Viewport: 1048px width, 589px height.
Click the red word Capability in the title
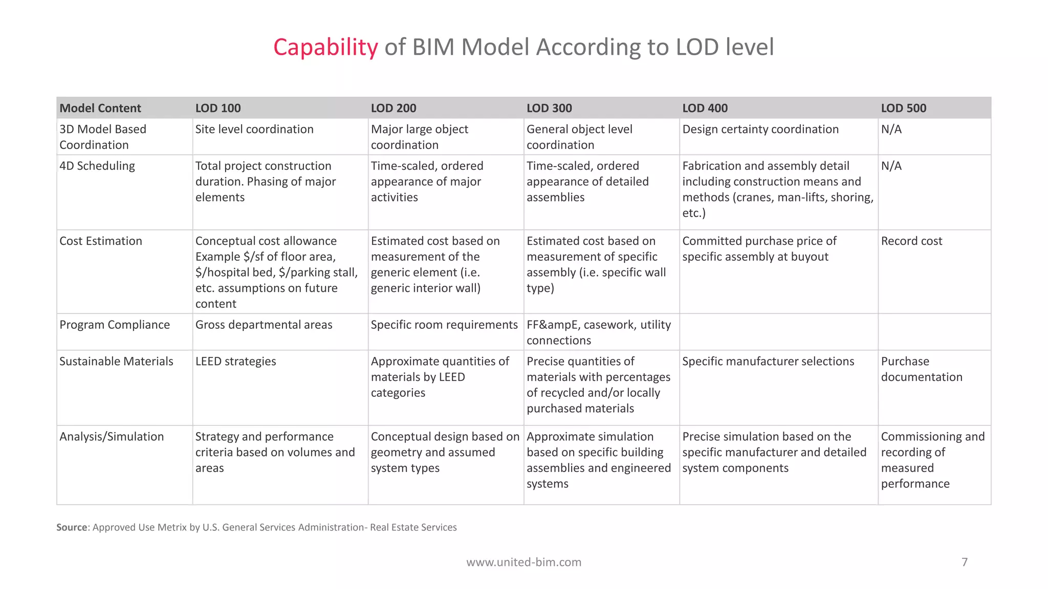coord(325,47)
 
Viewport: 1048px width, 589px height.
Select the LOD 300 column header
coord(549,108)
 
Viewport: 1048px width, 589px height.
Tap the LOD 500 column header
coord(903,108)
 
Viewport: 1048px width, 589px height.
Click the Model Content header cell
coord(100,108)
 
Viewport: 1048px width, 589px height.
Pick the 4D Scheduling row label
coord(97,166)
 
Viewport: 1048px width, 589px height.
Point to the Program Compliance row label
coord(115,325)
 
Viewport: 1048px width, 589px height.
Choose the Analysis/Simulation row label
coord(112,437)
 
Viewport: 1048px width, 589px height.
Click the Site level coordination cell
coord(254,129)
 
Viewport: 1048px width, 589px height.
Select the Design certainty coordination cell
coord(760,129)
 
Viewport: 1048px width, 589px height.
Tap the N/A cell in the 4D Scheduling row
coord(891,166)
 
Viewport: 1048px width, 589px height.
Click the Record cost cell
coord(911,241)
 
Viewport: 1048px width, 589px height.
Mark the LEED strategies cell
coord(235,361)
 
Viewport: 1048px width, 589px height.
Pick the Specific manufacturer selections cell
coord(768,361)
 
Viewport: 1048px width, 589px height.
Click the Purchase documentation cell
coord(921,369)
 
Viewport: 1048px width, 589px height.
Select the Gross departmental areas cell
coord(264,325)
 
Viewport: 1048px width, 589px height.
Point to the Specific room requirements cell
coord(444,325)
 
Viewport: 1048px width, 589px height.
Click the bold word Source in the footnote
coord(71,527)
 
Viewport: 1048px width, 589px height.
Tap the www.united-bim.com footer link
coord(523,562)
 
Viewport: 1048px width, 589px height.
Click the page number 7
coord(965,562)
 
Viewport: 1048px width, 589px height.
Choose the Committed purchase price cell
coord(759,248)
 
